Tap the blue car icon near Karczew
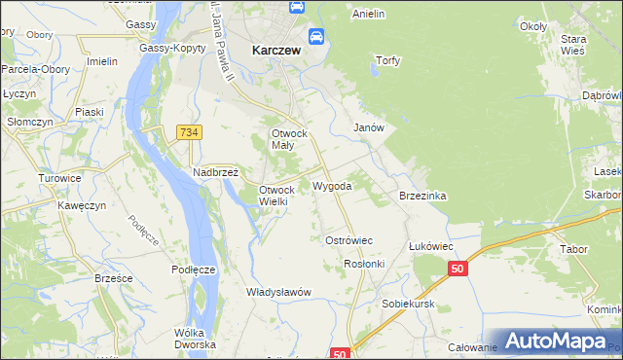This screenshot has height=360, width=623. [316, 38]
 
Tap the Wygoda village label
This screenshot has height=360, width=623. [332, 185]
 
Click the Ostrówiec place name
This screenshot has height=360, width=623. [348, 239]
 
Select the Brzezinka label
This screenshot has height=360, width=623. [422, 196]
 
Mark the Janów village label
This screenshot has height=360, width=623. [369, 127]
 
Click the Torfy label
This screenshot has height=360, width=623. [388, 60]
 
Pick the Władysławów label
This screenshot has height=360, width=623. [278, 292]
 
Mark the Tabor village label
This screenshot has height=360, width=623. [573, 249]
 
